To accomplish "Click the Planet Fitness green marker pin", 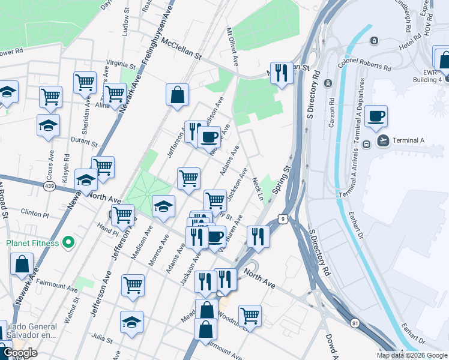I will coord(68,243).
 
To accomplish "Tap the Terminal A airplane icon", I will coord(382,140).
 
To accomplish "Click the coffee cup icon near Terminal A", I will coord(376,116).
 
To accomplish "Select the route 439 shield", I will coord(49,187).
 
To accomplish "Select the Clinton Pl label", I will coord(34,214).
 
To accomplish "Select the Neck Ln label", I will coord(258,189).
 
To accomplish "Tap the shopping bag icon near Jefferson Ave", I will coord(178,95).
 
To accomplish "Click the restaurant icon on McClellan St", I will coord(281,73).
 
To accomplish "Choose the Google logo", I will coord(20,353).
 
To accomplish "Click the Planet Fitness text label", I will coord(32,243).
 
